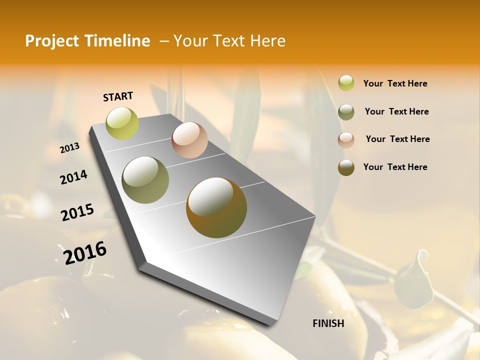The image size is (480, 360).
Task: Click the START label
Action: click(x=118, y=96)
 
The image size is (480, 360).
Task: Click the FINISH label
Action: click(x=328, y=323)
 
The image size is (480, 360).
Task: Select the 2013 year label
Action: click(x=69, y=147)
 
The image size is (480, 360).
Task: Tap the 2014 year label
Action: click(x=73, y=177)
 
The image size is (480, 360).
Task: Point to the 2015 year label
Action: click(x=77, y=212)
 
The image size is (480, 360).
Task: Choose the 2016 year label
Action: click(x=85, y=252)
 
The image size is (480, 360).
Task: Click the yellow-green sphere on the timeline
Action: click(x=122, y=123)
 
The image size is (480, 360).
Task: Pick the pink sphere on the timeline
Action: click(x=189, y=140)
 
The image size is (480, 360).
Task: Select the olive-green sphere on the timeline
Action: click(x=145, y=180)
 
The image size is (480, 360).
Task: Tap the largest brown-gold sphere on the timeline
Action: click(x=216, y=207)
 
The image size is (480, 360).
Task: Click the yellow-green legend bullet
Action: click(x=346, y=83)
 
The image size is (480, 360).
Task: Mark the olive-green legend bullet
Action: click(x=346, y=111)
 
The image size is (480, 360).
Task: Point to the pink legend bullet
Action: click(x=346, y=139)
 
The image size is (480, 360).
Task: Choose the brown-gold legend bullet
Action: click(x=346, y=167)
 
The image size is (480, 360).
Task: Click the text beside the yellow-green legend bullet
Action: click(x=395, y=83)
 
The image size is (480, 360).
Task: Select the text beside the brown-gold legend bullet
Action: click(x=395, y=167)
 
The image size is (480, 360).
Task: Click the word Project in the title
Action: click(x=52, y=41)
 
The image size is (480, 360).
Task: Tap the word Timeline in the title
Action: click(x=118, y=41)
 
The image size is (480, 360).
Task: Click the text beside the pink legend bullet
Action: click(x=397, y=139)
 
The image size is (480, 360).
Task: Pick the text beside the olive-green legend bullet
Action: click(x=396, y=111)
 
